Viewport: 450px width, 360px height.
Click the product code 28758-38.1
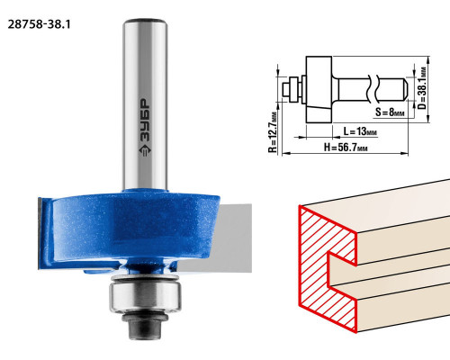pos(39,24)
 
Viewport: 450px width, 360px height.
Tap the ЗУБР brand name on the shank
pos(145,121)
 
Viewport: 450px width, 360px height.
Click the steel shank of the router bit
pos(145,104)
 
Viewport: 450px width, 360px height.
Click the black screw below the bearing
pos(145,326)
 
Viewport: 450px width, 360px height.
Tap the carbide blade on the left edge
pos(41,232)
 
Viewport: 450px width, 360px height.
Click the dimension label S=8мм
pos(390,112)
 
